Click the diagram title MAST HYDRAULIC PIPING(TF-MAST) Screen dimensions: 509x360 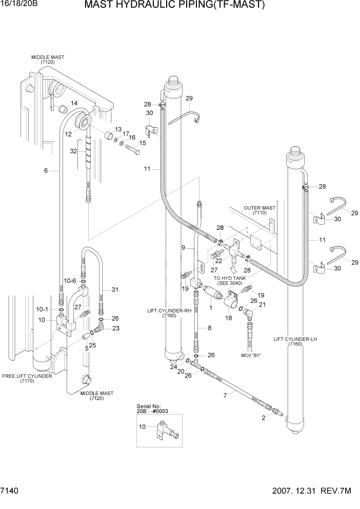[x=174, y=6]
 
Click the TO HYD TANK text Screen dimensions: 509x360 [x=230, y=278]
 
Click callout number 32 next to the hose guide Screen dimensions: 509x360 [x=73, y=151]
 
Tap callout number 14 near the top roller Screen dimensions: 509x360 [x=74, y=103]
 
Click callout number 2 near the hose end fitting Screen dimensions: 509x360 [x=264, y=418]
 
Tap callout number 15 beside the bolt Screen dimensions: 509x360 [x=143, y=143]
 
